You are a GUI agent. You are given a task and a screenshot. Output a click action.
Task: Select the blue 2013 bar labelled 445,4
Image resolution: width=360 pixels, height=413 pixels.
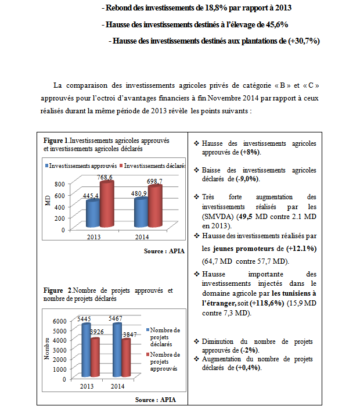tap(92, 214)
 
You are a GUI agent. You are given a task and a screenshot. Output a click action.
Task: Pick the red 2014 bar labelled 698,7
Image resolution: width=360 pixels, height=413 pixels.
tap(155, 206)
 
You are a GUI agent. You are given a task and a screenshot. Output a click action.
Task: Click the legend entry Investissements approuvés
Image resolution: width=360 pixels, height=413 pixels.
tap(84, 166)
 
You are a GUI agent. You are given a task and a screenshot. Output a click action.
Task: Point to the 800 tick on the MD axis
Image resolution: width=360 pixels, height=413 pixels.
tap(58, 184)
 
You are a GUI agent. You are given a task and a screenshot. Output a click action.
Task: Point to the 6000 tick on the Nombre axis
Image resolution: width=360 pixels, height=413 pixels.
tap(60, 321)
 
